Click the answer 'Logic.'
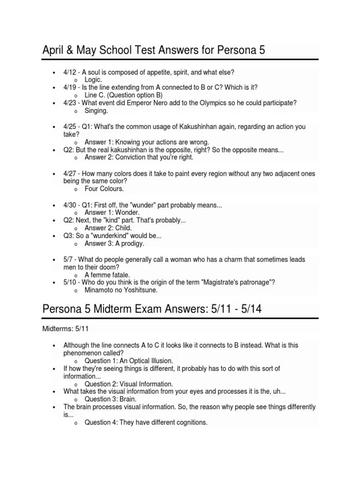tap(93, 80)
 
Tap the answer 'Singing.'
tap(96, 111)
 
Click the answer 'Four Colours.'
tap(104, 188)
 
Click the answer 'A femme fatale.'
tap(107, 275)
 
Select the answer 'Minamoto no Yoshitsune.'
tap(121, 290)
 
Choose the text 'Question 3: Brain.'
tap(110, 399)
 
